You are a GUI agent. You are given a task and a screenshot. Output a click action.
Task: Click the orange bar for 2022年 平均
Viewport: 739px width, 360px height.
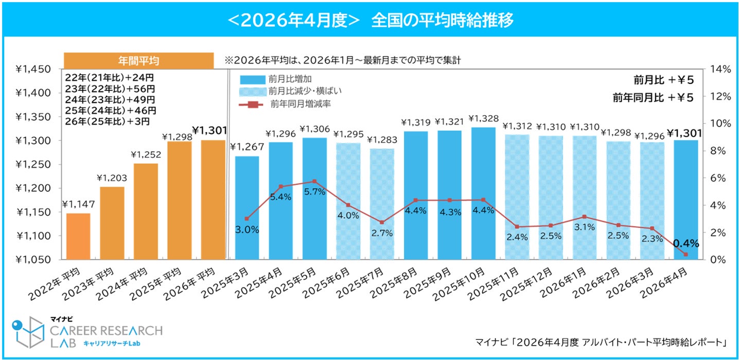[78, 236]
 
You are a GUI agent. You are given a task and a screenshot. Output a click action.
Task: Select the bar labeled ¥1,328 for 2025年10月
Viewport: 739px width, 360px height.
[483, 193]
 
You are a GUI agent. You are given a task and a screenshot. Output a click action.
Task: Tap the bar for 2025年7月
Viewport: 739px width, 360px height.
[382, 204]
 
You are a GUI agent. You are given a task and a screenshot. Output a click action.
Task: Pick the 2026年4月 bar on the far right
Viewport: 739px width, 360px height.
[686, 200]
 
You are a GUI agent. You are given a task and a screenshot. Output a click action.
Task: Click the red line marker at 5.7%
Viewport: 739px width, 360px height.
[314, 182]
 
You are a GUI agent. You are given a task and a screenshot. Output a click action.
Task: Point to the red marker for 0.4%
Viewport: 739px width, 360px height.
[686, 255]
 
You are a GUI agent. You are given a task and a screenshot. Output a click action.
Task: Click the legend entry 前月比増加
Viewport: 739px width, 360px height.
[275, 79]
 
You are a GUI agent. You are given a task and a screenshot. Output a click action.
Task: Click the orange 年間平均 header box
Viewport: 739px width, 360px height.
[138, 61]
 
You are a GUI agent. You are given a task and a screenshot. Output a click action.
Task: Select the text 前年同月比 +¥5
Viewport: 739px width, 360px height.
[653, 98]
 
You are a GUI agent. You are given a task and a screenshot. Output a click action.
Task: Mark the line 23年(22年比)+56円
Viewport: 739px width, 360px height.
[110, 88]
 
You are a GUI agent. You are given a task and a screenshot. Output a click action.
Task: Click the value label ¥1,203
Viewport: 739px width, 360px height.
[112, 178]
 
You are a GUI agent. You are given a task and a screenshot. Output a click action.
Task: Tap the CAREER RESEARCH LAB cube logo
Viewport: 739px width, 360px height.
[28, 332]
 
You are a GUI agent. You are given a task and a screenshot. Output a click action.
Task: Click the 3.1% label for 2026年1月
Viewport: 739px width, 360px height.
[585, 227]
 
